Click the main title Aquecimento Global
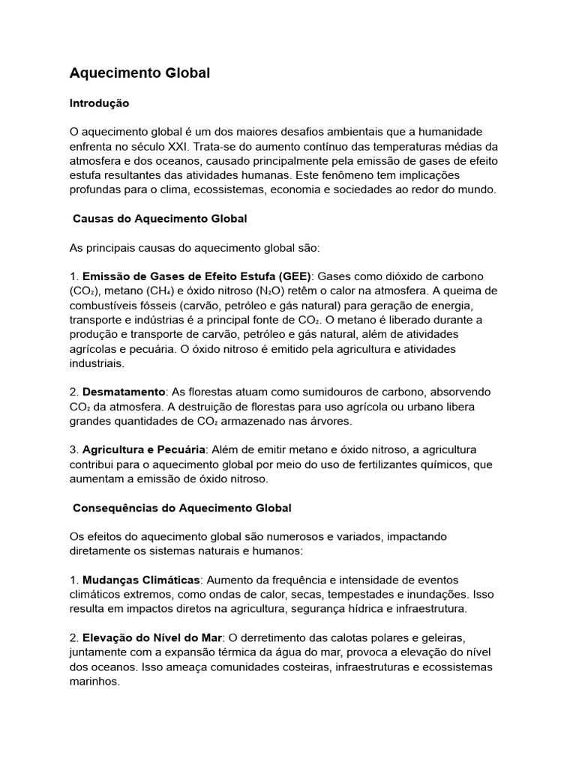coord(139,73)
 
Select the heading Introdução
coord(99,103)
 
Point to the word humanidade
coord(456,131)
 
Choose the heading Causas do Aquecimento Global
coord(160,219)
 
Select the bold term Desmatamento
coord(123,392)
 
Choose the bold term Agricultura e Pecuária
coord(144,449)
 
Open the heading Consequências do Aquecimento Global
coord(182,508)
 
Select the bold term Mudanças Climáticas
coord(141,580)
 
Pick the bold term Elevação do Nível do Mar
coord(152,637)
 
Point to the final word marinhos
coord(94,682)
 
